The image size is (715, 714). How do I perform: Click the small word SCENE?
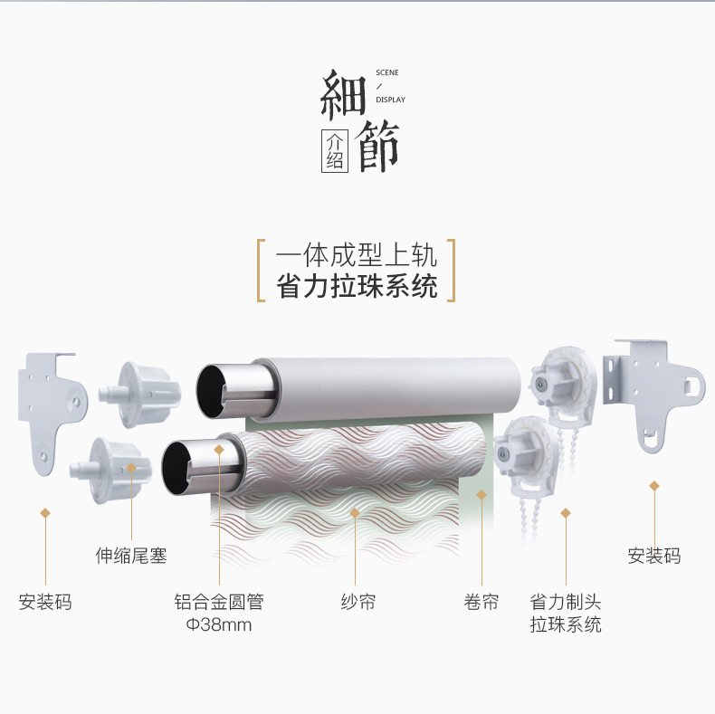(386, 72)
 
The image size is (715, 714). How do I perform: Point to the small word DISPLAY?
(390, 100)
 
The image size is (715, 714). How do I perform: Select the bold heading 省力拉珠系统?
(357, 286)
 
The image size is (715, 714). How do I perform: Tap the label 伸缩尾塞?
(131, 555)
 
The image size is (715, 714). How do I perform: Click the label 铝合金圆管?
(218, 602)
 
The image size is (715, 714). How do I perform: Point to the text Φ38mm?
(218, 624)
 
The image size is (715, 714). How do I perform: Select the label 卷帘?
(481, 602)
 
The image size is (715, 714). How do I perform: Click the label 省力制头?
(566, 602)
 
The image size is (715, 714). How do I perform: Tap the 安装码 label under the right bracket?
(653, 555)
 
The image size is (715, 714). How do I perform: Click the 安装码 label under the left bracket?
(44, 602)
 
